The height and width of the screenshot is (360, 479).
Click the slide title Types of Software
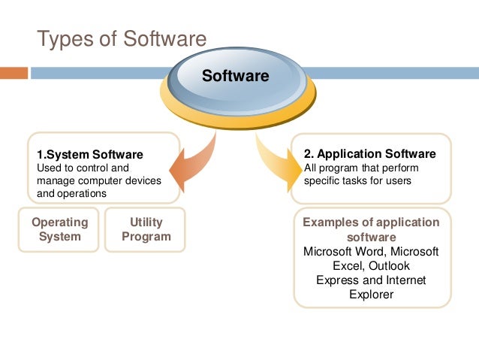pyautogui.click(x=122, y=38)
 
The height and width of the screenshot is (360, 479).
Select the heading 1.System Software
pyautogui.click(x=90, y=154)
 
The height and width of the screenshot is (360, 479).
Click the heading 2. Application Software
pyautogui.click(x=370, y=154)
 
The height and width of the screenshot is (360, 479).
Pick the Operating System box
pyautogui.click(x=59, y=229)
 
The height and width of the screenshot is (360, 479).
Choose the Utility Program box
pyautogui.click(x=146, y=229)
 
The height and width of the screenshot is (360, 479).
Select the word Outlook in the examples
pyautogui.click(x=388, y=265)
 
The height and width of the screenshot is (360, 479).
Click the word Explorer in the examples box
pyautogui.click(x=371, y=294)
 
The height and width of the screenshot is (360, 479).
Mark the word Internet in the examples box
pyautogui.click(x=405, y=280)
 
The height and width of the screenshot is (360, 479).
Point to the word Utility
pyautogui.click(x=146, y=222)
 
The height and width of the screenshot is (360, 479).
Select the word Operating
pyautogui.click(x=59, y=222)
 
